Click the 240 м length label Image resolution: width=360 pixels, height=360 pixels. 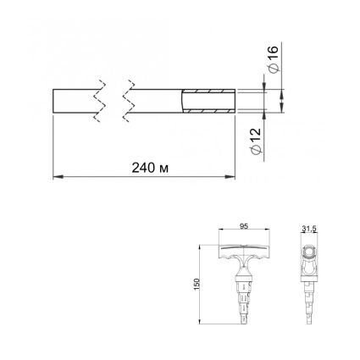(x=150, y=168)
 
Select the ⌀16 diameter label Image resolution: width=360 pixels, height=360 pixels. (x=274, y=59)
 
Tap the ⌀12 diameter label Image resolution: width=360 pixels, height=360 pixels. (x=256, y=141)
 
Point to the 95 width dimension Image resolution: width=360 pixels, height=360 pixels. (x=244, y=226)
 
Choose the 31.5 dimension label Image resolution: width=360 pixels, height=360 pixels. (x=308, y=230)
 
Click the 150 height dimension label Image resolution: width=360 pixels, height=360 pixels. (x=197, y=284)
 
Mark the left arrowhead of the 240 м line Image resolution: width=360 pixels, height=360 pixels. (x=58, y=177)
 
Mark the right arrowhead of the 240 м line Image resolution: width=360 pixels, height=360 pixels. (x=230, y=177)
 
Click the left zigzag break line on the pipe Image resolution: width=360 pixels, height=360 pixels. (x=99, y=101)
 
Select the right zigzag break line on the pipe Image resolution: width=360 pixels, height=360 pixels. (x=128, y=101)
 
